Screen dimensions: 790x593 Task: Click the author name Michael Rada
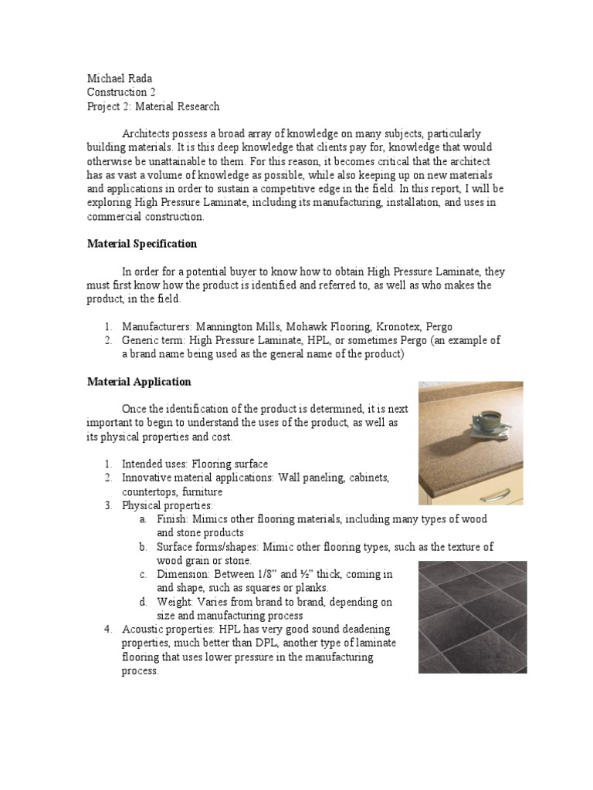(x=120, y=79)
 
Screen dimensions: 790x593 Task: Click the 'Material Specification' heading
(x=141, y=244)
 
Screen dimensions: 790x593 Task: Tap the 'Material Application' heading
(x=139, y=382)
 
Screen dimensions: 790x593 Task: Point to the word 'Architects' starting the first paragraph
(x=147, y=133)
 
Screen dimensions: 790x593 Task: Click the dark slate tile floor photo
(x=473, y=617)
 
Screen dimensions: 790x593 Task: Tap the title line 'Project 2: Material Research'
(x=153, y=106)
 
